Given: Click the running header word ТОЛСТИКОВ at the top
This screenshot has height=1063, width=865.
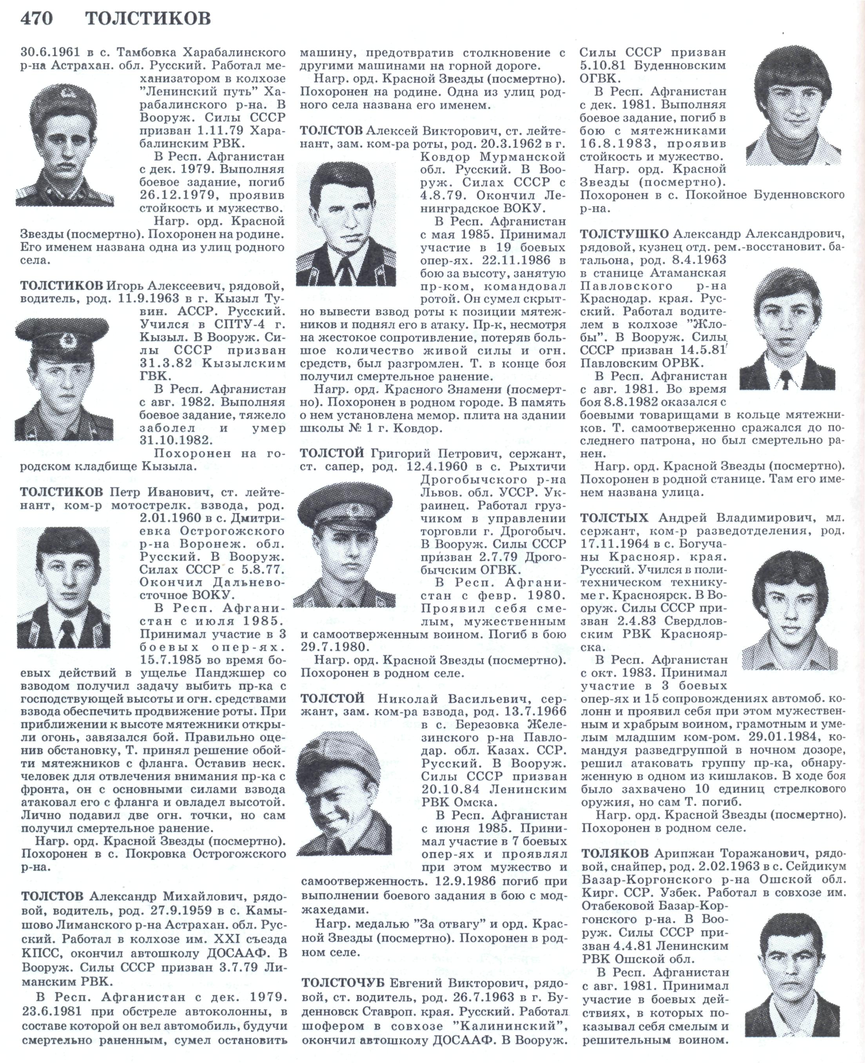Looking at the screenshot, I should [148, 18].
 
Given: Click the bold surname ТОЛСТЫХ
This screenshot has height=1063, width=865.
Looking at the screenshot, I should [615, 517].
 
